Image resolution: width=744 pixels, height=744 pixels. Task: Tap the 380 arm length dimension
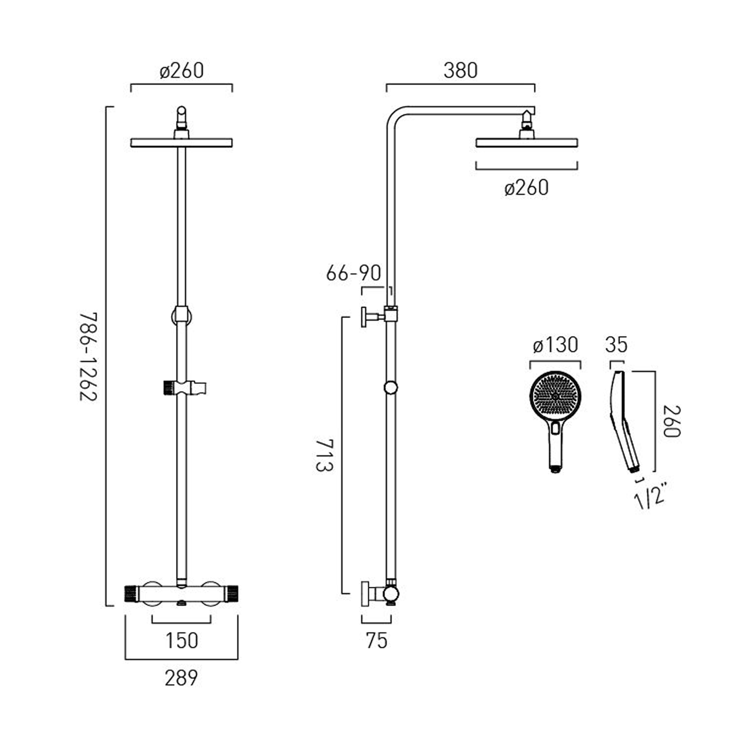pyautogui.click(x=460, y=70)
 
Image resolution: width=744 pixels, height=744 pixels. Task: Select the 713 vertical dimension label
pyautogui.click(x=324, y=455)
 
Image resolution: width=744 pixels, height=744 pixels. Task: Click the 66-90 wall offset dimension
pyautogui.click(x=353, y=273)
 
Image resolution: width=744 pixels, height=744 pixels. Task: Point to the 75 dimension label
pyautogui.click(x=376, y=640)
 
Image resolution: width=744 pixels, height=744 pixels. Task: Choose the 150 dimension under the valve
pyautogui.click(x=182, y=640)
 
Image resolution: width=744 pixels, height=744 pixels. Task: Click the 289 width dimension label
pyautogui.click(x=181, y=678)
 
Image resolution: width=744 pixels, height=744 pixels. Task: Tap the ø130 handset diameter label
pyautogui.click(x=555, y=345)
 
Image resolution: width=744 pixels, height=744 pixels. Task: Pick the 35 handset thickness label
pyautogui.click(x=616, y=345)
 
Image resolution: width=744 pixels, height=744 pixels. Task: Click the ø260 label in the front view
pyautogui.click(x=182, y=70)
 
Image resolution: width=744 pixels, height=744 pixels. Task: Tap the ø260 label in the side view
pyautogui.click(x=526, y=188)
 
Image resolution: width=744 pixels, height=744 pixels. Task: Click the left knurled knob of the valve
pyautogui.click(x=131, y=594)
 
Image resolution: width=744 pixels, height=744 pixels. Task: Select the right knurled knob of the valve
pyautogui.click(x=232, y=594)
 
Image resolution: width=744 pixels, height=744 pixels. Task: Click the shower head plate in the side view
pyautogui.click(x=526, y=143)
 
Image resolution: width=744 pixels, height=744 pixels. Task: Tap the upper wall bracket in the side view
pyautogui.click(x=373, y=316)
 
